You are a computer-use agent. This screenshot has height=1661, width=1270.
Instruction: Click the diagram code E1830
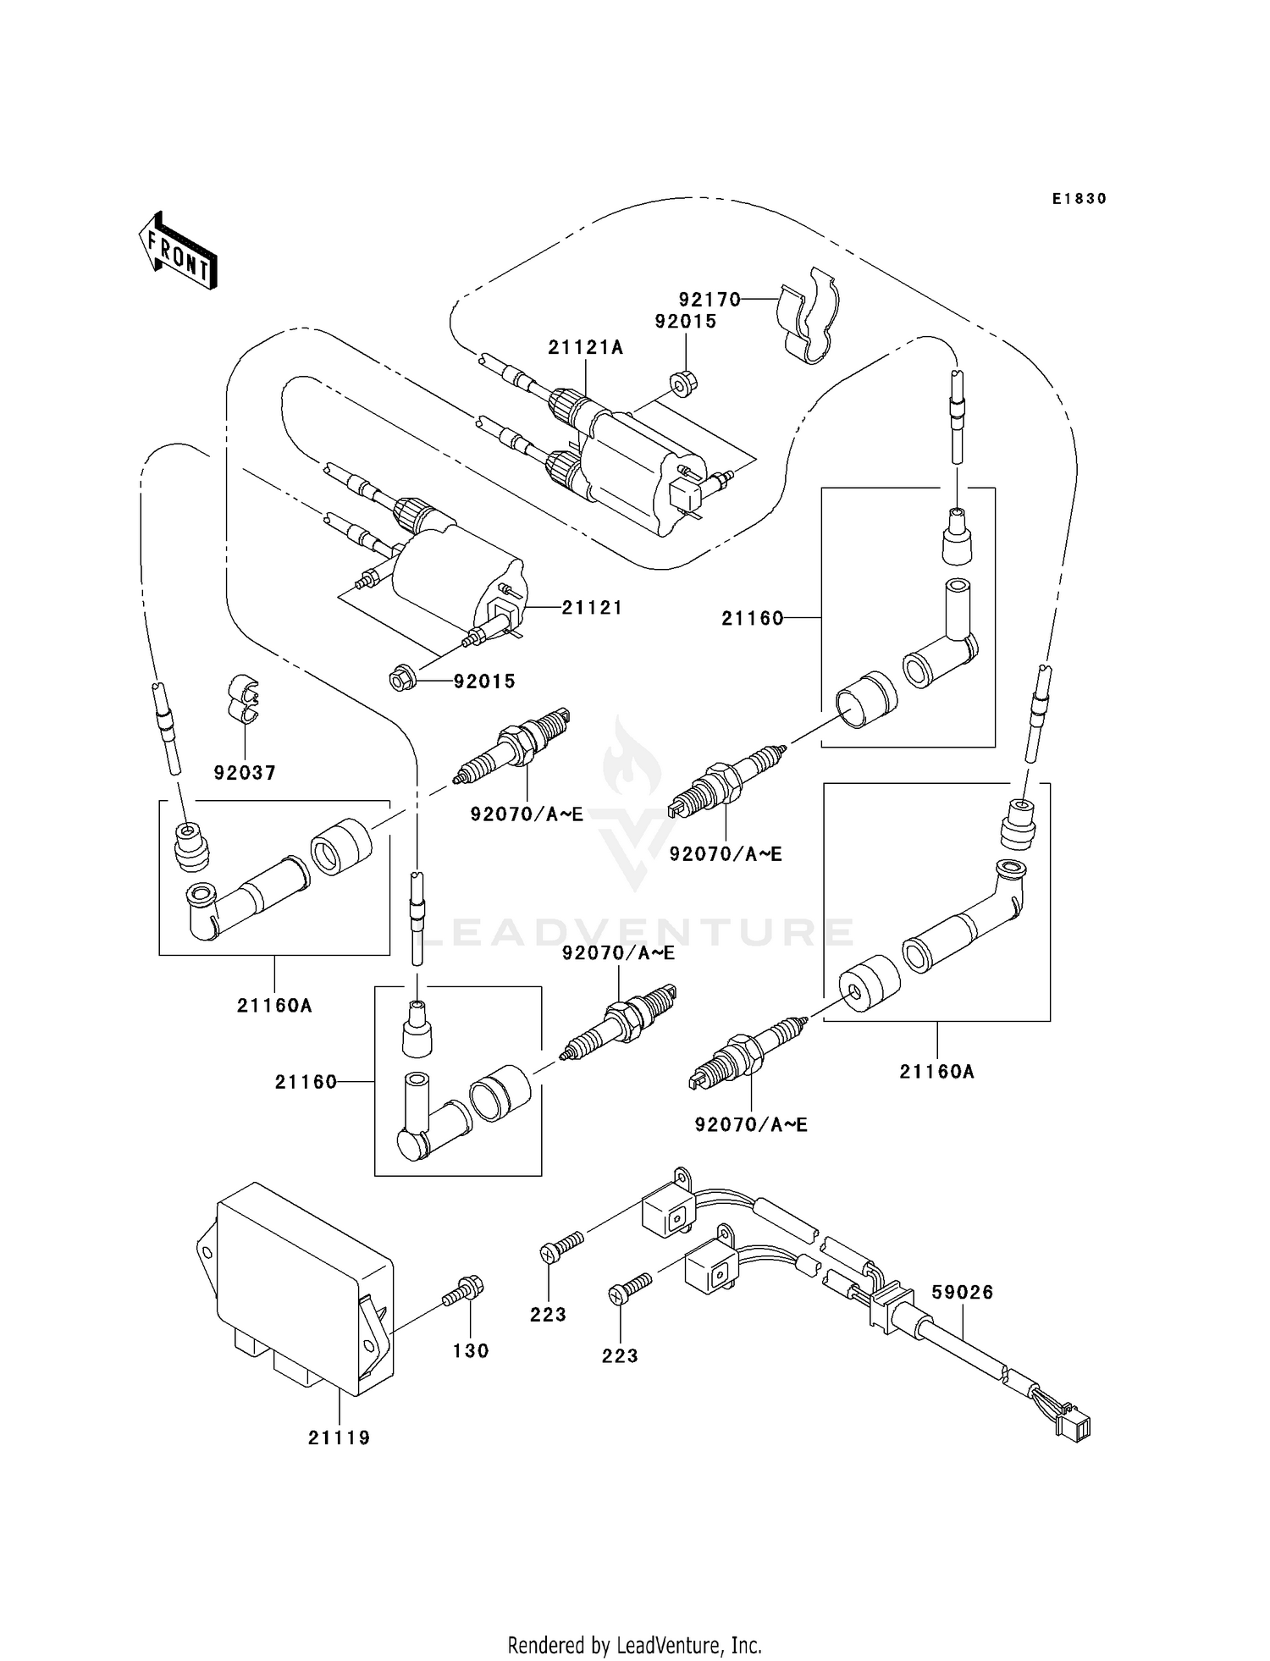pos(1079,199)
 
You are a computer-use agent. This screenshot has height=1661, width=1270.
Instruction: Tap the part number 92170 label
pos(709,300)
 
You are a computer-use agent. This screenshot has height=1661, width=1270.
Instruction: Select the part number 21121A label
pos(585,347)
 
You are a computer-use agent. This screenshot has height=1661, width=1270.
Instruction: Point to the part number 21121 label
pos(592,608)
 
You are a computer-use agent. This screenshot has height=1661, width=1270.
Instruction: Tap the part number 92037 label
pos(245,773)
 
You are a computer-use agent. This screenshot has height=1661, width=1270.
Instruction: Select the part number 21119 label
pos(339,1438)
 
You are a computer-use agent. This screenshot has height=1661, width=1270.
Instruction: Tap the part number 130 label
pos(471,1351)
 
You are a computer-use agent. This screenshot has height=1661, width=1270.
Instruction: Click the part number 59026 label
pos(962,1293)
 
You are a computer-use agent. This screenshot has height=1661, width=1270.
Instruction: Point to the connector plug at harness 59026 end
pos(1076,1430)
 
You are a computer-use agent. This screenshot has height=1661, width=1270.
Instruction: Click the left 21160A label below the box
pos(274,1006)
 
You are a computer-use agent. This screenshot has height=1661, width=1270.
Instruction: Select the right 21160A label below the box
pos(936,1072)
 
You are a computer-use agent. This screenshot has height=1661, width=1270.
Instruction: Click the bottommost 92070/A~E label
pos(751,1125)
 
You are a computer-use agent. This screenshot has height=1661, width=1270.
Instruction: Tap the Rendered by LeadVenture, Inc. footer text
pos(634,1646)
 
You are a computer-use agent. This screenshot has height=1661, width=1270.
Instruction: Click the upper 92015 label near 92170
pos(685,322)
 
